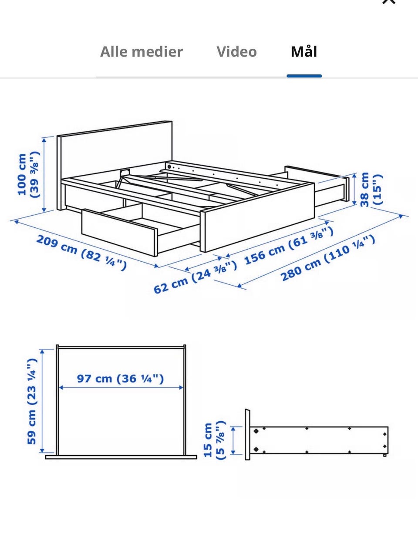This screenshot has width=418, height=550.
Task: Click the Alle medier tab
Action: (142, 52)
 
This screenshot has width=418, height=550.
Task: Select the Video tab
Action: (236, 52)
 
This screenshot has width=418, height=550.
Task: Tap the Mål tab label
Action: (304, 51)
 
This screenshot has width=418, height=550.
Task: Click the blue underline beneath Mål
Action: (304, 76)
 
